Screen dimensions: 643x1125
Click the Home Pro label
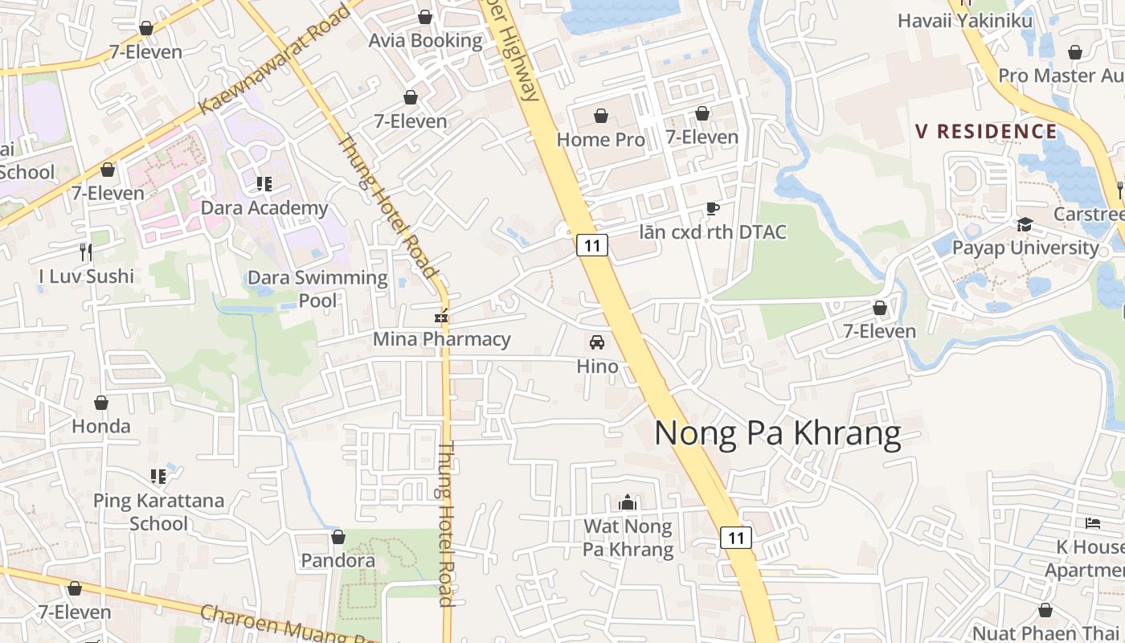pyautogui.click(x=600, y=139)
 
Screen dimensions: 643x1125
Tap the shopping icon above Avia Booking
pyautogui.click(x=425, y=17)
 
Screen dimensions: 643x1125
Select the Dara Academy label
pyautogui.click(x=264, y=208)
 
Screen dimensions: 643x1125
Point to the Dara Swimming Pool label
pyautogui.click(x=317, y=289)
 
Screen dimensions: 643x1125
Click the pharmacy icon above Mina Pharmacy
pyautogui.click(x=440, y=316)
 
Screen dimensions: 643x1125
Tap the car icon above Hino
pyautogui.click(x=597, y=342)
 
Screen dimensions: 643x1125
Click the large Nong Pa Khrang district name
pyautogui.click(x=777, y=433)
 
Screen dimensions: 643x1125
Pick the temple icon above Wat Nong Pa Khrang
pyautogui.click(x=628, y=503)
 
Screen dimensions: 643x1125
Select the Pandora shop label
pyautogui.click(x=337, y=560)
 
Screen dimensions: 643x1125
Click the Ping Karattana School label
pyautogui.click(x=158, y=512)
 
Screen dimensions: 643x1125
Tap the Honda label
pyautogui.click(x=101, y=426)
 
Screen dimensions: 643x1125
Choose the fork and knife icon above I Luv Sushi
pyautogui.click(x=87, y=252)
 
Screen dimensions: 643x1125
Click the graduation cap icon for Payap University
pyautogui.click(x=1025, y=224)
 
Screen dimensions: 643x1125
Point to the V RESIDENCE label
pyautogui.click(x=986, y=131)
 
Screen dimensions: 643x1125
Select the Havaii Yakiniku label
pyautogui.click(x=964, y=21)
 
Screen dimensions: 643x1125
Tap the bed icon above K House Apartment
pyautogui.click(x=1093, y=523)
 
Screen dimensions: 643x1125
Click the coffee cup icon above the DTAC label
pyautogui.click(x=712, y=209)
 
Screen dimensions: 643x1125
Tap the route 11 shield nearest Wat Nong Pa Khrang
pyautogui.click(x=735, y=537)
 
